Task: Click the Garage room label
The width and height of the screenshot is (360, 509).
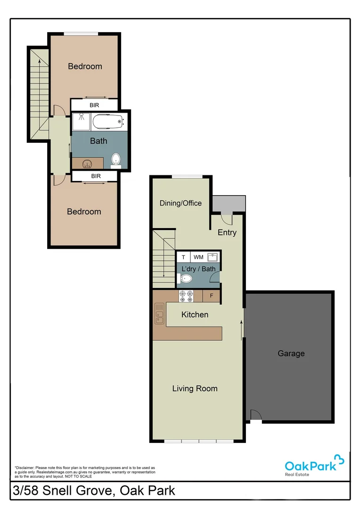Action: tap(291, 353)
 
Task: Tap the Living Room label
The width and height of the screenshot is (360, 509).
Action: tap(195, 388)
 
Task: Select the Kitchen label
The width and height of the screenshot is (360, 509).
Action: tap(195, 314)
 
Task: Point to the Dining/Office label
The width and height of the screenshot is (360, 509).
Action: tap(180, 203)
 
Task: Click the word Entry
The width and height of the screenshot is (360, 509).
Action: tap(227, 232)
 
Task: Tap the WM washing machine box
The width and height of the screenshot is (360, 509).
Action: tap(198, 257)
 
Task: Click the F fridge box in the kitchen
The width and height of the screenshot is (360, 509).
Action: tap(212, 296)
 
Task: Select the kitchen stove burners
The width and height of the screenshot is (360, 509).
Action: tap(186, 296)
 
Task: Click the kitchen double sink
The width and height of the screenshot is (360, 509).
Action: tap(159, 314)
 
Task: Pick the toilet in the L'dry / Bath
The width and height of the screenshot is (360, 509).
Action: tap(185, 279)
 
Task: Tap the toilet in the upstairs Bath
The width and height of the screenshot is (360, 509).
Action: tap(116, 160)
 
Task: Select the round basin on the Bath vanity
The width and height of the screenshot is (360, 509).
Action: tap(87, 164)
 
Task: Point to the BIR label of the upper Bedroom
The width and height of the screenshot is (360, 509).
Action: tap(94, 105)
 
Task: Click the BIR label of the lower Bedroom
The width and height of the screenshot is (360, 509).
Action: tap(96, 176)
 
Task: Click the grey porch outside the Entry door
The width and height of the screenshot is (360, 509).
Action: tap(229, 204)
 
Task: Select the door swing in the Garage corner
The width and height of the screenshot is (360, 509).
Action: tap(255, 415)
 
